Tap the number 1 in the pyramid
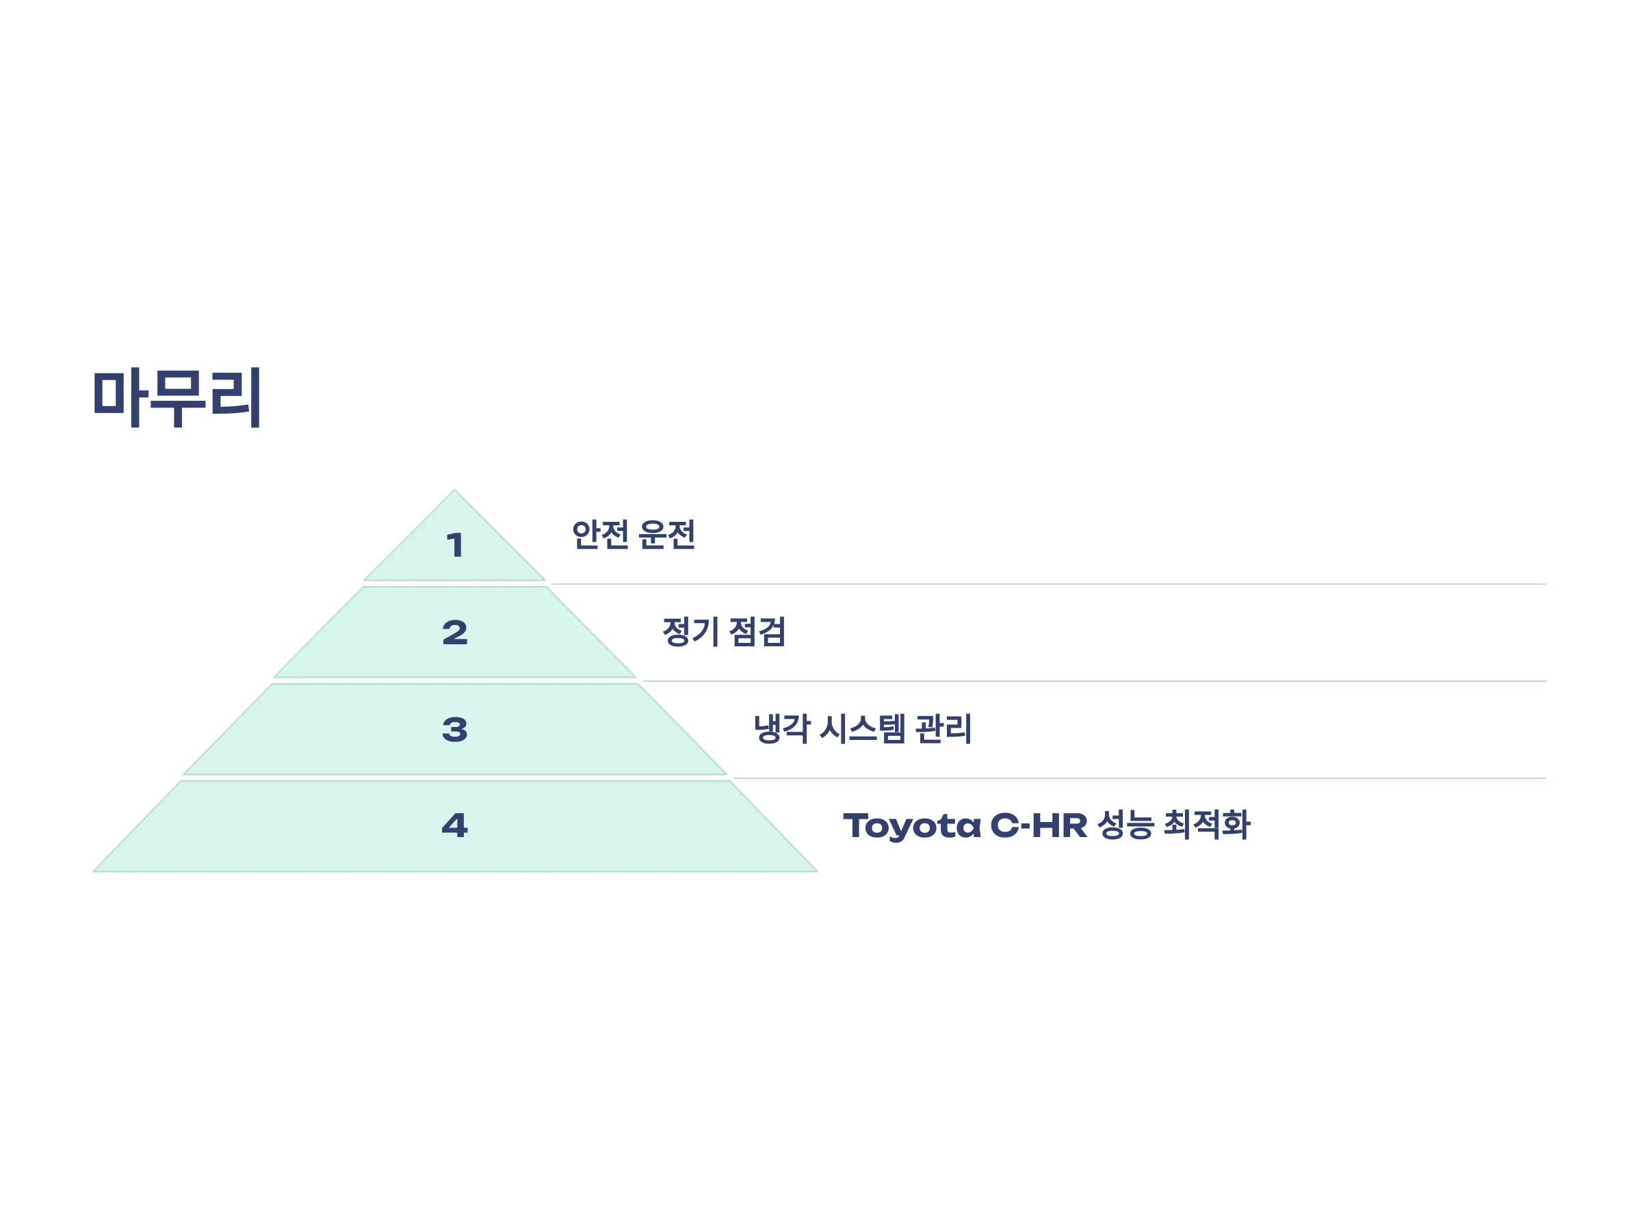tap(455, 545)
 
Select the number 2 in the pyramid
tap(455, 632)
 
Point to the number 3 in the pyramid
tap(455, 730)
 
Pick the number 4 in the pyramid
tap(455, 825)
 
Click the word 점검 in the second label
tap(757, 631)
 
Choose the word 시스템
tap(863, 728)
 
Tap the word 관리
tap(943, 728)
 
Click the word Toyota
tap(912, 826)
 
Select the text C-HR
tap(1039, 825)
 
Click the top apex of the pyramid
tap(454, 490)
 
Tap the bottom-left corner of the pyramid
tap(94, 871)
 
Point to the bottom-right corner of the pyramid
tap(818, 871)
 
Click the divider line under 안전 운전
tap(1049, 584)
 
